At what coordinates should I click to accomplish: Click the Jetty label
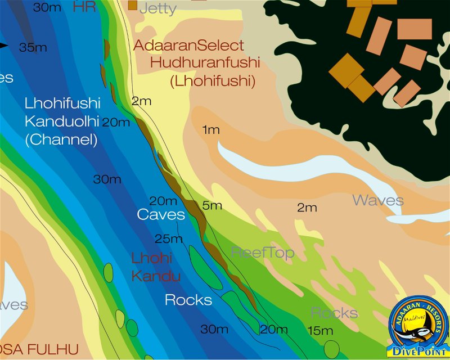(x=157, y=8)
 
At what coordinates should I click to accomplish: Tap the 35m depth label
(x=33, y=47)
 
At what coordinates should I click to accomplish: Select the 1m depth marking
(x=210, y=130)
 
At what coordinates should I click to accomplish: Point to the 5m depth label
(x=212, y=205)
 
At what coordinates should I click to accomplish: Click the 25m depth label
(x=169, y=239)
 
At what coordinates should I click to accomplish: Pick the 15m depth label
(x=320, y=331)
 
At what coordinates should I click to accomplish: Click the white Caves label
(x=161, y=214)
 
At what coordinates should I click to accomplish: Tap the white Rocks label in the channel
(x=188, y=300)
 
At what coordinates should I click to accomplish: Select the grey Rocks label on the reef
(x=334, y=313)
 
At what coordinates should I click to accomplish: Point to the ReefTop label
(x=262, y=253)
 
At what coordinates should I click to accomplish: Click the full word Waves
(x=378, y=200)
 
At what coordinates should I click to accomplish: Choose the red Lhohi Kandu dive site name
(x=156, y=267)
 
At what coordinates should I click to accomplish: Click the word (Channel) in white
(x=61, y=139)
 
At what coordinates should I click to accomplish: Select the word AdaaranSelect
(x=188, y=45)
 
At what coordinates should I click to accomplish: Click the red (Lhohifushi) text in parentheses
(x=212, y=81)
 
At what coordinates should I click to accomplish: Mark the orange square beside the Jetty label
(x=133, y=5)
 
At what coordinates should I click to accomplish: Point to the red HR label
(x=85, y=7)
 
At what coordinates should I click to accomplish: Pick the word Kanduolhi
(x=61, y=121)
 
